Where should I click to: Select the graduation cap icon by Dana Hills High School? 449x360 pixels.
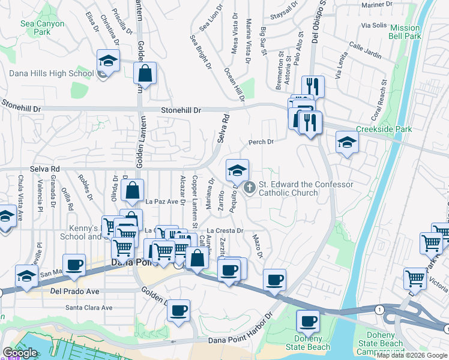click(x=109, y=61)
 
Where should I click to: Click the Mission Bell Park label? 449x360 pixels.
click(x=405, y=32)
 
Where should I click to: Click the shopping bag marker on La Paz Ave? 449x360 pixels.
click(x=133, y=191)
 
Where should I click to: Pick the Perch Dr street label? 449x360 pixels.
click(x=261, y=142)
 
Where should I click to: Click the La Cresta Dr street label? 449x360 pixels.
click(x=224, y=230)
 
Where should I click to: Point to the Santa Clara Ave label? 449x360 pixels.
click(x=89, y=308)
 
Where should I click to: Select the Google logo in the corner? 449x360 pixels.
click(x=20, y=353)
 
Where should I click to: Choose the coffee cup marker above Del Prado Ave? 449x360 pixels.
click(x=75, y=265)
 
